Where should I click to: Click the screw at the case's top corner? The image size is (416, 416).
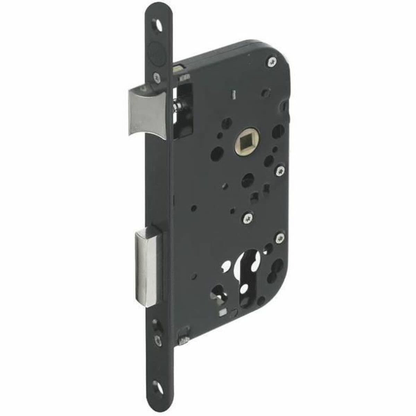[x=271, y=62]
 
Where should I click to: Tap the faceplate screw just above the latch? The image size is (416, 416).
[x=157, y=78]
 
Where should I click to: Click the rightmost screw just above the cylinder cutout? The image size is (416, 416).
[x=280, y=238]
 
